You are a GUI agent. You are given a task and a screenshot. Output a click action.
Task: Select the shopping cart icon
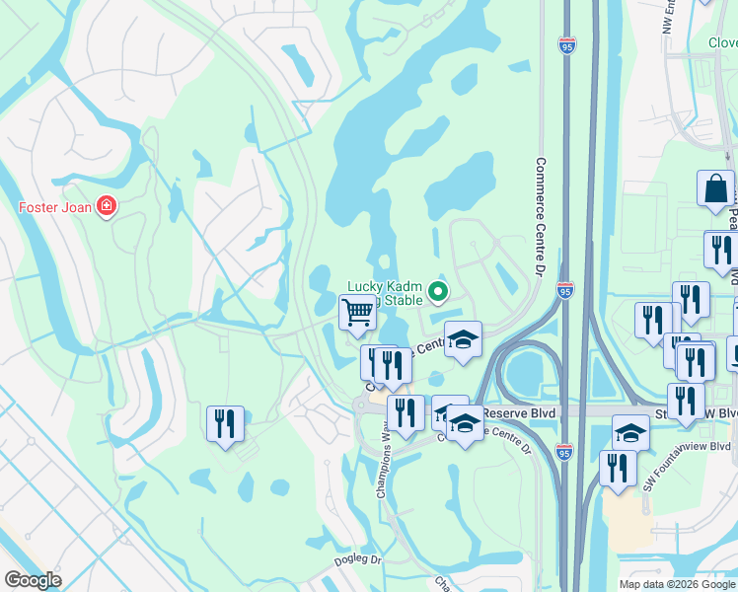pyautogui.click(x=358, y=313)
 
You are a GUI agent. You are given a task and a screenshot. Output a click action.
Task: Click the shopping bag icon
pyautogui.click(x=715, y=187)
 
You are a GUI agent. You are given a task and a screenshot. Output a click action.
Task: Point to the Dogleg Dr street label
pyautogui.click(x=357, y=559)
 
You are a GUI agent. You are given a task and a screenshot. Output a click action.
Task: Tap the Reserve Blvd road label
pyautogui.click(x=527, y=410)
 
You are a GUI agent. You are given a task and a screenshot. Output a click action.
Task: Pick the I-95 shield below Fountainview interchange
pyautogui.click(x=563, y=452)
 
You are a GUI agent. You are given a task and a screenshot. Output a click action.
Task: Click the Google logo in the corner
pyautogui.click(x=33, y=580)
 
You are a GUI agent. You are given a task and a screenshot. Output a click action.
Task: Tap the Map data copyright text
pyautogui.click(x=676, y=584)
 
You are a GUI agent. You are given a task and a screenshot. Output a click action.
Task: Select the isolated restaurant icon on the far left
pyautogui.click(x=225, y=424)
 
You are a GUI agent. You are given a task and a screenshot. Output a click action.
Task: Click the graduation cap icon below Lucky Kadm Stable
pyautogui.click(x=462, y=339)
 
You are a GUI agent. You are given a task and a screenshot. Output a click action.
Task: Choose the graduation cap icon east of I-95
pyautogui.click(x=631, y=431)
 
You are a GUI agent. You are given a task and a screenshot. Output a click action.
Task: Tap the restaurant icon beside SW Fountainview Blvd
pyautogui.click(x=618, y=468)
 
